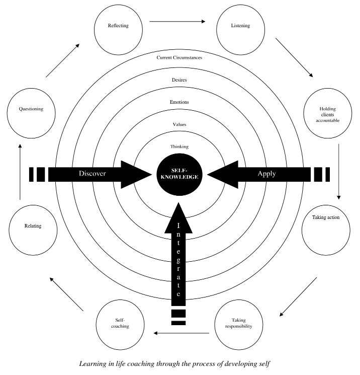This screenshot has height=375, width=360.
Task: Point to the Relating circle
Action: (32, 227)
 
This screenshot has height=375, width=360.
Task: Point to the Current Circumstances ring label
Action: (179, 57)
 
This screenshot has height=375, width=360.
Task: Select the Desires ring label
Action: (179, 80)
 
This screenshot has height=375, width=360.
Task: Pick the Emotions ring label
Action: (179, 102)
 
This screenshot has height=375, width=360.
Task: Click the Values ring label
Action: (179, 124)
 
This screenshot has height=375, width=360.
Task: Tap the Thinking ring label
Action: (179, 146)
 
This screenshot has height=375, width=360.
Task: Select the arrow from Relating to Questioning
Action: (20, 171)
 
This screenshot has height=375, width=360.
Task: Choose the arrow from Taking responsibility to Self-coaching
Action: (182, 333)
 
